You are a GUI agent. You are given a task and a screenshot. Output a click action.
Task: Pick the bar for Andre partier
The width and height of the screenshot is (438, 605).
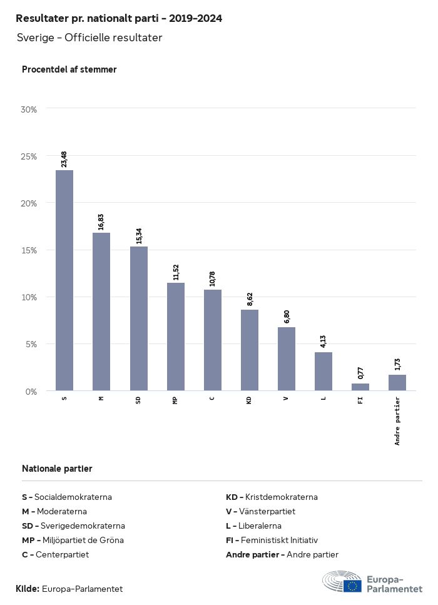click(x=397, y=383)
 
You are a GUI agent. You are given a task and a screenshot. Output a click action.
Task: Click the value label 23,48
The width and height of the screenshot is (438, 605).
click(x=64, y=159)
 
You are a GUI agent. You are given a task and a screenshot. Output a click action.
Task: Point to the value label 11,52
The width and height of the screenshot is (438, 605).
click(x=176, y=272)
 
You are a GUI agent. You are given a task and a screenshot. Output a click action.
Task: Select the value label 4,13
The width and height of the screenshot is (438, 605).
click(x=323, y=342)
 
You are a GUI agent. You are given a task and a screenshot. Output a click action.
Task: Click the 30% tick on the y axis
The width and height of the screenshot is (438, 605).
click(x=29, y=109)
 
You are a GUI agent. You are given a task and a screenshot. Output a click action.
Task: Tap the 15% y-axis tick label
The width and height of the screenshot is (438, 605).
click(x=29, y=250)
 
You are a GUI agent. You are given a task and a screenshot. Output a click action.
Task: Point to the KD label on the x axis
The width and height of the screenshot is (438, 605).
click(x=249, y=400)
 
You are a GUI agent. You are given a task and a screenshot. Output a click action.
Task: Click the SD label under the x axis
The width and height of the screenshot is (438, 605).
click(x=138, y=400)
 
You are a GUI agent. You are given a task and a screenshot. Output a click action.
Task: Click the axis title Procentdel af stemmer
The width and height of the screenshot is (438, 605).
click(x=69, y=69)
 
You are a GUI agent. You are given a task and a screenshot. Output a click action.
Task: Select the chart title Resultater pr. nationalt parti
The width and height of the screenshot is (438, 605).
click(x=119, y=18)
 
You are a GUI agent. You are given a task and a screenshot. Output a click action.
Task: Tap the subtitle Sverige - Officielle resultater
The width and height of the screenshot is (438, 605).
click(x=89, y=38)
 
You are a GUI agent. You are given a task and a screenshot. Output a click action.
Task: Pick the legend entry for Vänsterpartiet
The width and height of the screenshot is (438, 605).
click(x=260, y=511)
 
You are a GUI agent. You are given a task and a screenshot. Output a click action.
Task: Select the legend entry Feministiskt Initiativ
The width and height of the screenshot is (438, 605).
click(x=272, y=540)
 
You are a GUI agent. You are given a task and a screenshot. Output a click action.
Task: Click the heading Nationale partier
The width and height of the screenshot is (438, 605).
click(x=57, y=469)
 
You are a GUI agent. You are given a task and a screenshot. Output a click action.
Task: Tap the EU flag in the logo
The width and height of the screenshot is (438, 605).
click(x=352, y=586)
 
